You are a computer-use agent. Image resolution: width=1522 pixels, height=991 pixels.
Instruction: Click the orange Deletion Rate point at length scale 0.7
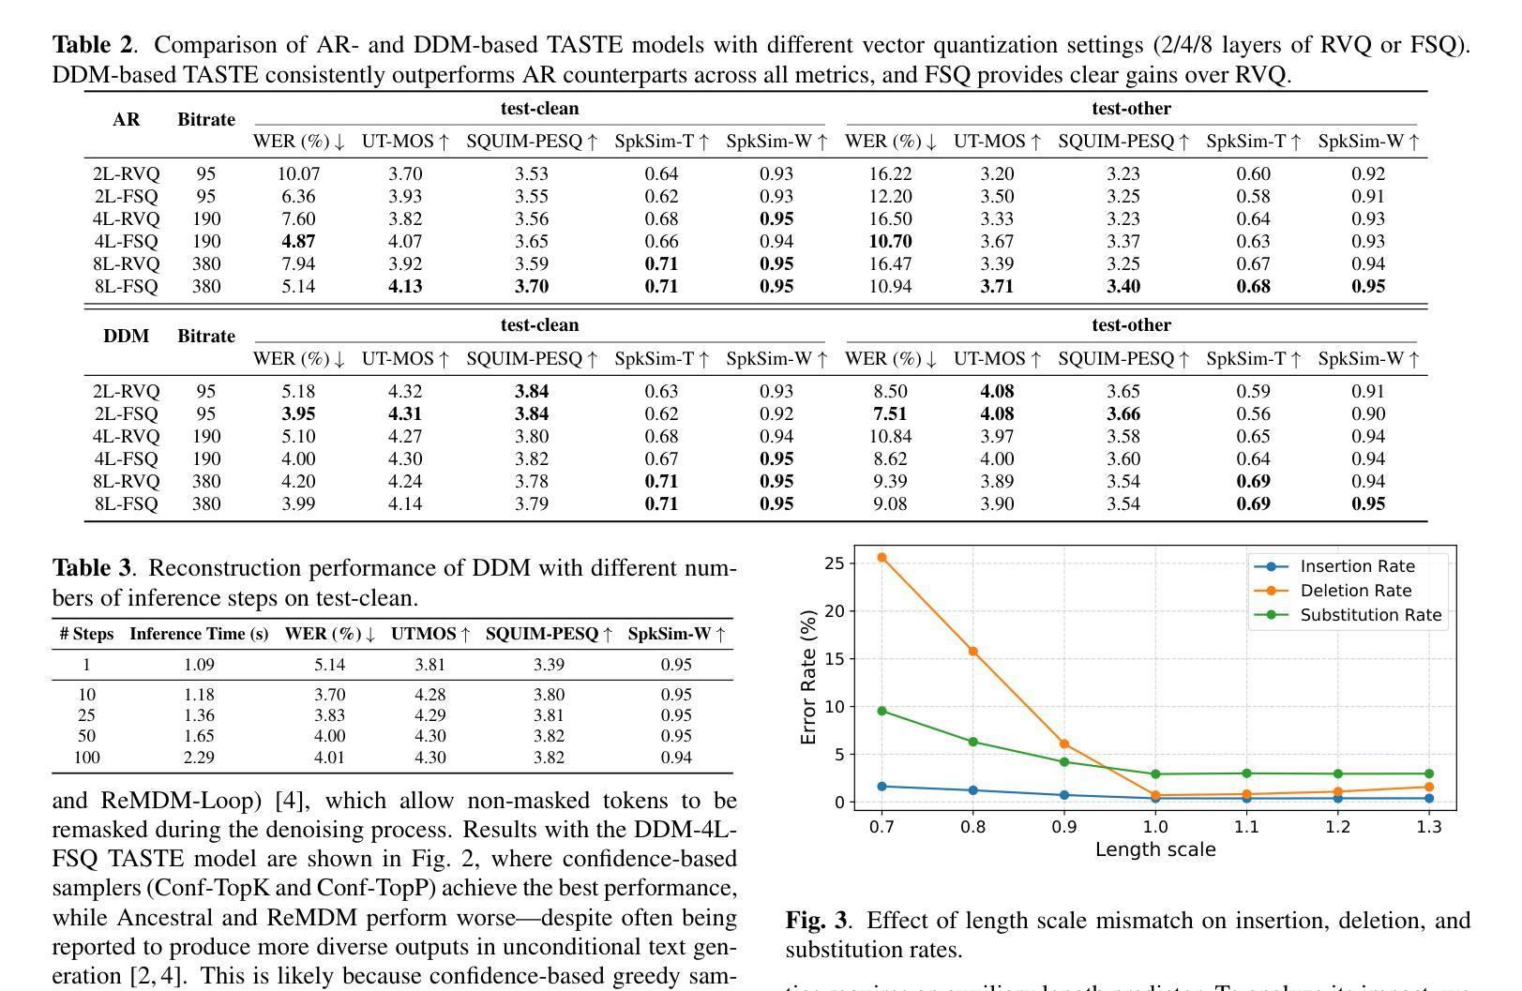(882, 558)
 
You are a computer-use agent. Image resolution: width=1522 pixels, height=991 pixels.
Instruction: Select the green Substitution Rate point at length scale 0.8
(972, 742)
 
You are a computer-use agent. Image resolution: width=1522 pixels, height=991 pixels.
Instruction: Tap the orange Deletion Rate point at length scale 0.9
(1064, 744)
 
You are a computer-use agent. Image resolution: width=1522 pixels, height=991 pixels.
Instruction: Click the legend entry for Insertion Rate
(1357, 566)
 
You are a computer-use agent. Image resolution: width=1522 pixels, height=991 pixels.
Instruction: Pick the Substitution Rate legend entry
(1370, 615)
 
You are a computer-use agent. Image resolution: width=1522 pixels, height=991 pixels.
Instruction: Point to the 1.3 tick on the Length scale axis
(1428, 827)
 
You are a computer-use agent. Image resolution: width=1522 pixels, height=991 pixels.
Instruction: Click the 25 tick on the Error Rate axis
(834, 563)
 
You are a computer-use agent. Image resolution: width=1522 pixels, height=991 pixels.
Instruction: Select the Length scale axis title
(1154, 849)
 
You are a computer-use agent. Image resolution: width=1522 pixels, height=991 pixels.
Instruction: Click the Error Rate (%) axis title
(808, 677)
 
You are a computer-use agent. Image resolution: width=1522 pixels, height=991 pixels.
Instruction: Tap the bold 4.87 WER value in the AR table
(298, 241)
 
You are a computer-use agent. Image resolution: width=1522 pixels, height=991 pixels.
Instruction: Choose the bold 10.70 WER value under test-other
(889, 241)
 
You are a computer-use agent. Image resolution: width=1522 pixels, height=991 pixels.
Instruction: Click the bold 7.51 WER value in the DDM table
(889, 413)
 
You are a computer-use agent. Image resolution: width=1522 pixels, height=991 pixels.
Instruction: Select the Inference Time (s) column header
(199, 634)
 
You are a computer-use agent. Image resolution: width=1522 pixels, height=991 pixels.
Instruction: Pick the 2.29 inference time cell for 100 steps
(199, 758)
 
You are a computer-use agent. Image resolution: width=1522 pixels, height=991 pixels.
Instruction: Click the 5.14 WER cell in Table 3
(329, 665)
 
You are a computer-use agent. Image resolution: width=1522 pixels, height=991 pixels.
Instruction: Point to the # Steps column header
(86, 634)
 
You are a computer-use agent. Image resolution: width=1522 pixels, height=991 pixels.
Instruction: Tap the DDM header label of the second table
(126, 336)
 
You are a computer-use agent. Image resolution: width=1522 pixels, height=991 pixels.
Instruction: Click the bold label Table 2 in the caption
(93, 45)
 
